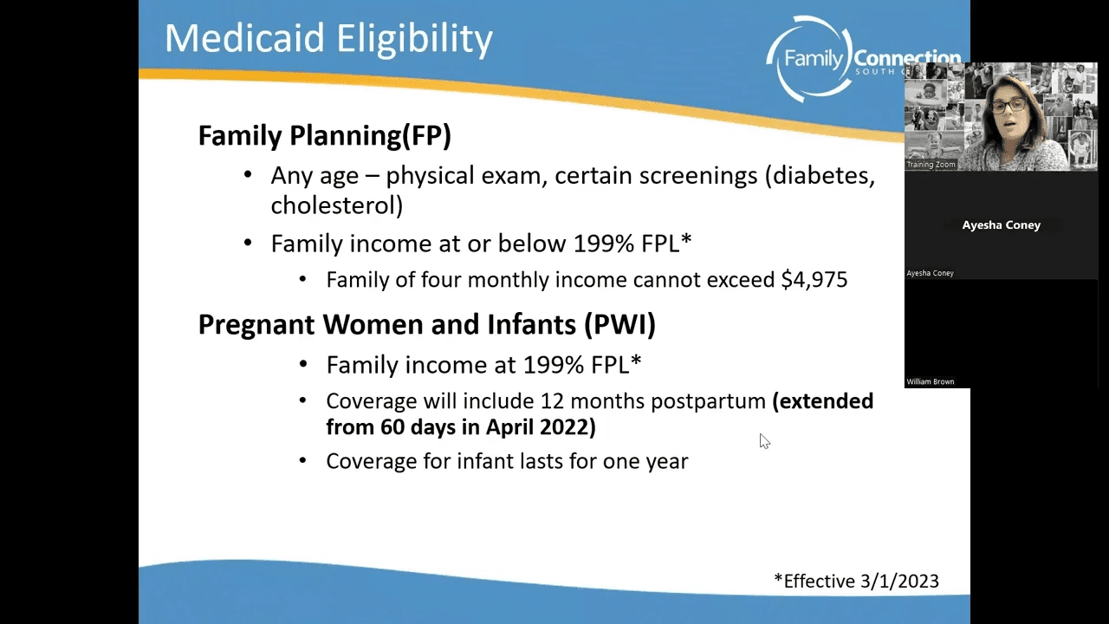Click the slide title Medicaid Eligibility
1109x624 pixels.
[328, 39]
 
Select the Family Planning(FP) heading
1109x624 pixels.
[325, 135]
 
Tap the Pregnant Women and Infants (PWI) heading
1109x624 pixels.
[427, 324]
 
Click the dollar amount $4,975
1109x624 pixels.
[814, 280]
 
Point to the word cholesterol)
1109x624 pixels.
[337, 205]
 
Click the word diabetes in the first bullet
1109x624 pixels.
[820, 176]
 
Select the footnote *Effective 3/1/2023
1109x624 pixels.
[857, 581]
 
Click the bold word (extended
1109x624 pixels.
[823, 401]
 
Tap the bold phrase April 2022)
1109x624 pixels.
[542, 427]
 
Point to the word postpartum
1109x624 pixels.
[708, 401]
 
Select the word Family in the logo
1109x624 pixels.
[813, 60]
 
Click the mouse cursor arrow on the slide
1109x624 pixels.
[764, 441]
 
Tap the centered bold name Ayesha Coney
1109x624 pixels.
[1001, 224]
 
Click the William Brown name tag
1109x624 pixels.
[931, 382]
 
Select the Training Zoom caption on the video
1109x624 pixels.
[931, 165]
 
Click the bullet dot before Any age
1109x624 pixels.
[248, 175]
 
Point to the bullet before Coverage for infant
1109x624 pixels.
[303, 460]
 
